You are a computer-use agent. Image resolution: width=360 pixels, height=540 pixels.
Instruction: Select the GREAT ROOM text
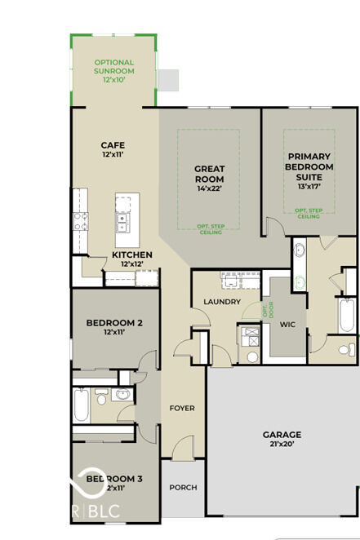pos(210,174)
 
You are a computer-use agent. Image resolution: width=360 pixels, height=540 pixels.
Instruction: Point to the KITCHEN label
pos(131,255)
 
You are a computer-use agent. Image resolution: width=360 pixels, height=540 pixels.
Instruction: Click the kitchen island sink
pos(122,219)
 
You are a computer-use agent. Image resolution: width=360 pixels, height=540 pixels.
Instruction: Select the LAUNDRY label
pos(222,302)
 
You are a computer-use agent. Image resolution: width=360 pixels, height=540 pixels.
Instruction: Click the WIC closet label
pos(287,324)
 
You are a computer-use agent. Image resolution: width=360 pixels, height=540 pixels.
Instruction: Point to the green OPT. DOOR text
pos(265,310)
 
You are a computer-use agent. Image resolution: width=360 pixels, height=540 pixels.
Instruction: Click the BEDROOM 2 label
pos(115,323)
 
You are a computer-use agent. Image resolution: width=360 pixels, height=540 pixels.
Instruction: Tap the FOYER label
pos(181,408)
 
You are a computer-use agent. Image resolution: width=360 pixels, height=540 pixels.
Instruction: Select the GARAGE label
pos(282,435)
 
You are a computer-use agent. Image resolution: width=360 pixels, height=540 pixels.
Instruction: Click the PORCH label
pos(183,487)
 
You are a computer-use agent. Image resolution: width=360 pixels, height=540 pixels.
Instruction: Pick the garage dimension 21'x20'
pos(282,445)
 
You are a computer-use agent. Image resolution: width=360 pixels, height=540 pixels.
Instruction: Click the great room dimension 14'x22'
pos(210,188)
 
